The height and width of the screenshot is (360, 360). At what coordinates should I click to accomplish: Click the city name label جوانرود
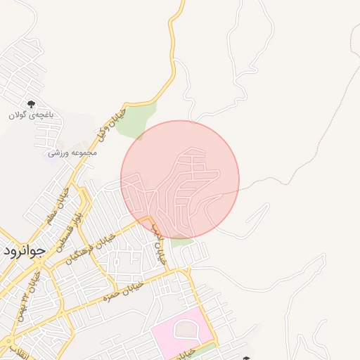[24, 250]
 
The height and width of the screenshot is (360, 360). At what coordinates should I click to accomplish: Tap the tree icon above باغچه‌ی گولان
[31, 104]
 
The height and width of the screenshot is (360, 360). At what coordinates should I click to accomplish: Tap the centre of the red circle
[180, 180]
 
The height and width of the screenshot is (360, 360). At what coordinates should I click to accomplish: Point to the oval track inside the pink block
[185, 328]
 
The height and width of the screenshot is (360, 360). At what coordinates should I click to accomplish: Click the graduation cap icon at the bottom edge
[246, 357]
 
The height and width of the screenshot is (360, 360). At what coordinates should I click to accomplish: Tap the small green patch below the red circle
[182, 242]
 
